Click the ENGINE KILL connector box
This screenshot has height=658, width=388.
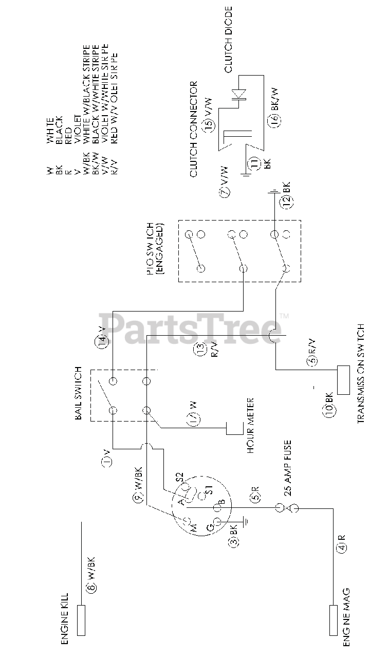81,619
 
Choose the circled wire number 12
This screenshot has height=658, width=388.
287,202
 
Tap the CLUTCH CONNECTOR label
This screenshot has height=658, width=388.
194,129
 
